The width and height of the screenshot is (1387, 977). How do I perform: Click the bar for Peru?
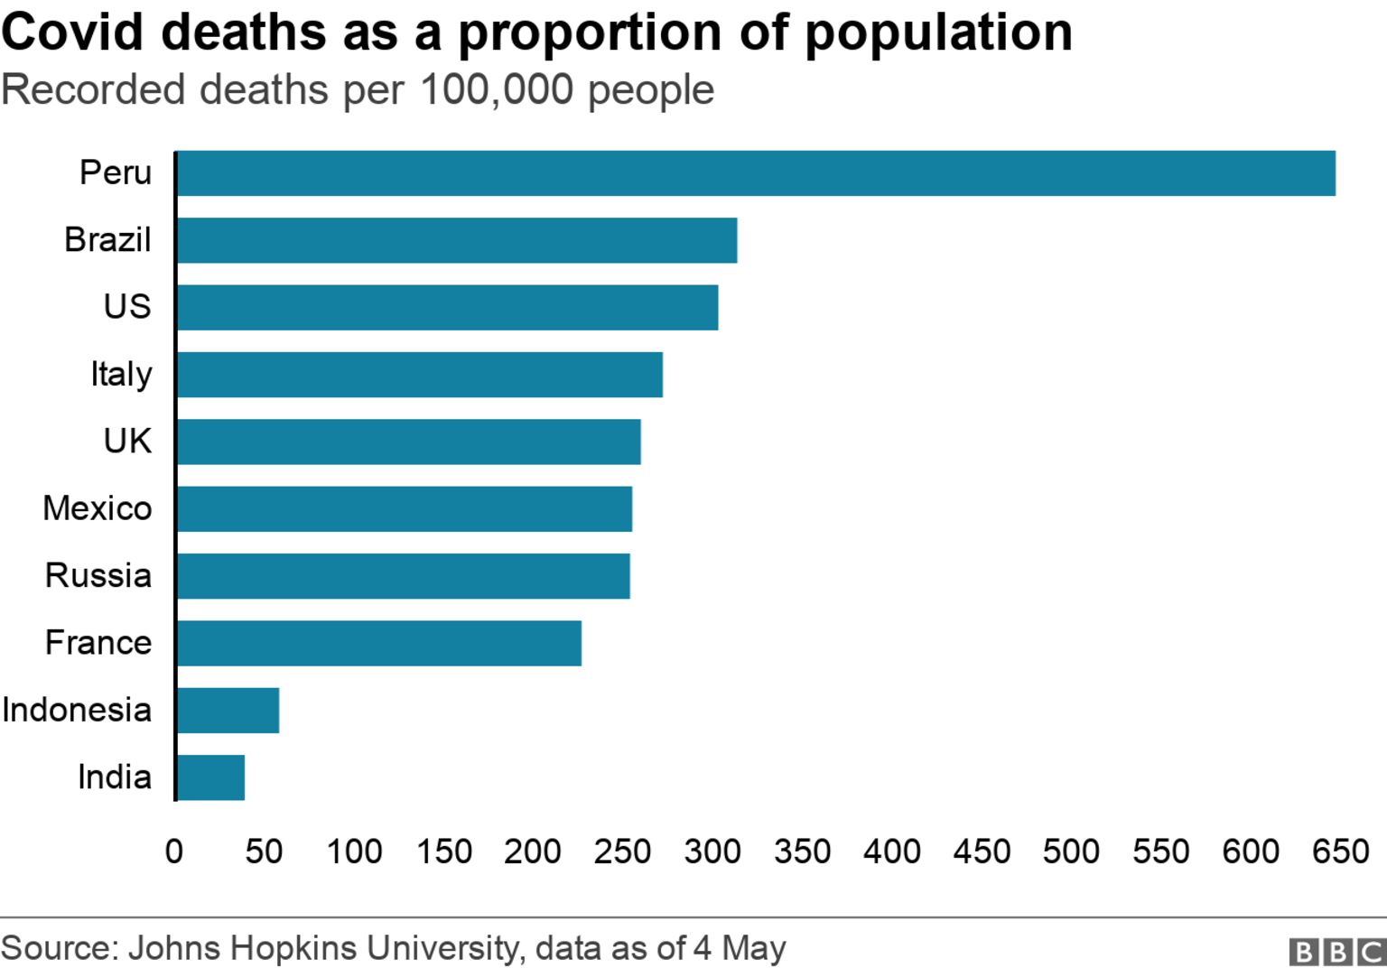[x=755, y=173]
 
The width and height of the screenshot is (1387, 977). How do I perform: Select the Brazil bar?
[x=456, y=240]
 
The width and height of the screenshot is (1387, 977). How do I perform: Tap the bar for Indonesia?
[x=228, y=711]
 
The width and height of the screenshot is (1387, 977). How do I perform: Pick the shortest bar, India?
[x=210, y=777]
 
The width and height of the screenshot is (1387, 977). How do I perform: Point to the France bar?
[x=378, y=643]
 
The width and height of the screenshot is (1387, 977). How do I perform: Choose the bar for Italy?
[x=419, y=375]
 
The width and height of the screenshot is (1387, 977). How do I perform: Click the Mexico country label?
[x=98, y=508]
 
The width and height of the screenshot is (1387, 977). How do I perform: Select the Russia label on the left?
[x=98, y=575]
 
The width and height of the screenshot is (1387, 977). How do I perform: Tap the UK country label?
[x=127, y=442]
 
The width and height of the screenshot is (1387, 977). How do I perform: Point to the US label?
[x=127, y=307]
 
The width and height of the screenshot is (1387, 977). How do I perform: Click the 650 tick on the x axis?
[x=1340, y=851]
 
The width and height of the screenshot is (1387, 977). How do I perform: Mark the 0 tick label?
[x=174, y=851]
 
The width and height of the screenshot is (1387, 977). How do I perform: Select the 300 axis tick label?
[x=712, y=851]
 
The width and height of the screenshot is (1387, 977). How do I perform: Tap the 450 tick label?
[x=982, y=851]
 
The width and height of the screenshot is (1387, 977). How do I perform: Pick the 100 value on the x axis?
[x=354, y=851]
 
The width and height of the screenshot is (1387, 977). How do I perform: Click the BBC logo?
[x=1337, y=952]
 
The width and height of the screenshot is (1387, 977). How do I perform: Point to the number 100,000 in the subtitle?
[x=497, y=90]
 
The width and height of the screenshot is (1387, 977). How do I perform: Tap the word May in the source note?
[x=753, y=948]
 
